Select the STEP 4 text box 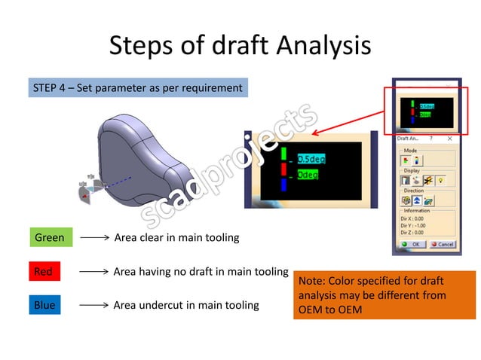[x=137, y=88]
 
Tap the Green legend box [x=51, y=238]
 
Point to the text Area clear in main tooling [x=176, y=238]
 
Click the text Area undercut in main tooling [x=185, y=305]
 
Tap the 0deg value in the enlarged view [x=307, y=175]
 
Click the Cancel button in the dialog [x=442, y=244]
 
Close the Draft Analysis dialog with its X [x=449, y=139]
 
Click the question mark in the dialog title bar [x=430, y=139]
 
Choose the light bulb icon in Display [x=440, y=181]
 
